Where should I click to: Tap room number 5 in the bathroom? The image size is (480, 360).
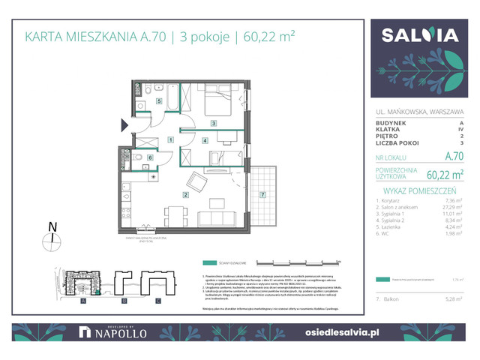click(x=159, y=100)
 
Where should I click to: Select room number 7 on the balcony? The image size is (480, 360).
click(x=262, y=195)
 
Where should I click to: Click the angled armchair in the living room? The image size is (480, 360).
click(x=196, y=181)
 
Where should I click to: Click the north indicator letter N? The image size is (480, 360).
click(x=51, y=225)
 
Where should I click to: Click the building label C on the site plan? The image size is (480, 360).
click(x=157, y=301)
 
